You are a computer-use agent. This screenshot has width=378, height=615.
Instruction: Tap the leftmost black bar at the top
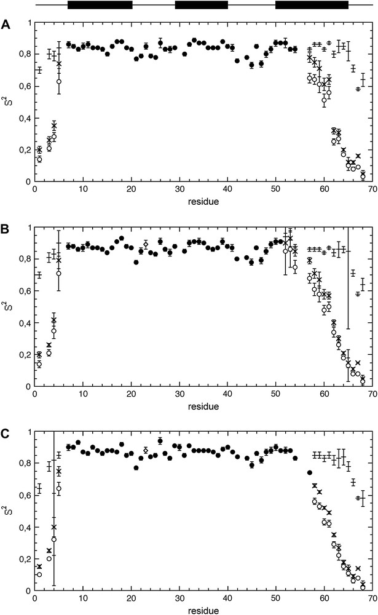coord(100,5)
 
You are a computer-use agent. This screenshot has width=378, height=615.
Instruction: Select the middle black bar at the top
coord(201,5)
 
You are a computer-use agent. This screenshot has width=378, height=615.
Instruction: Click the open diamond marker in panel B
coord(146,245)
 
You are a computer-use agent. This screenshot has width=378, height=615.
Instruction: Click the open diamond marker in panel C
coord(146,451)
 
